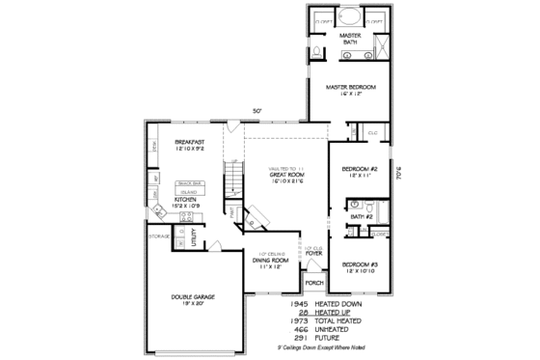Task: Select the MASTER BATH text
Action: (x=349, y=40)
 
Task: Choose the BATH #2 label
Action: (x=362, y=217)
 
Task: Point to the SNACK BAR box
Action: (x=189, y=181)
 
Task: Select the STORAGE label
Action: (x=159, y=235)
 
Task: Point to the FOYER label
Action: (x=314, y=253)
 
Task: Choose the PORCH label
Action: (x=313, y=283)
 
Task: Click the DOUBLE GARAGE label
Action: (x=193, y=296)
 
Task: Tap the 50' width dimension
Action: (x=257, y=111)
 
